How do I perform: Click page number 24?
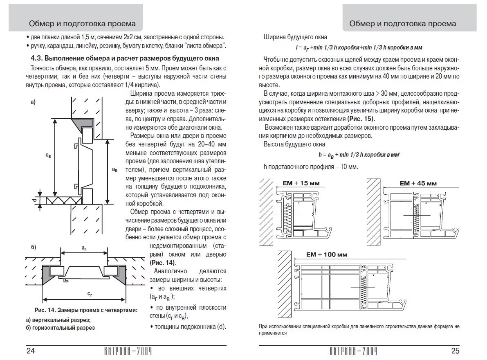coord(31,351)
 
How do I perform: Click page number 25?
coord(455,351)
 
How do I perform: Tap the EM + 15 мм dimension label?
coord(301,183)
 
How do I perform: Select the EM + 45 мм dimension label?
coord(418,183)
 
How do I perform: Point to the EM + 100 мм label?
coord(326,254)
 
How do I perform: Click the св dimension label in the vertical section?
coord(48,156)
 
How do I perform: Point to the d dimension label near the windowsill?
coord(34,200)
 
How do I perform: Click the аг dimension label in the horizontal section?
coord(84,248)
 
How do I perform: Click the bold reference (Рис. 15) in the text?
coord(361,119)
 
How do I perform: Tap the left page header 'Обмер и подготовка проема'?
coord(82,23)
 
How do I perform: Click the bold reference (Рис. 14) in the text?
coord(162,262)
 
